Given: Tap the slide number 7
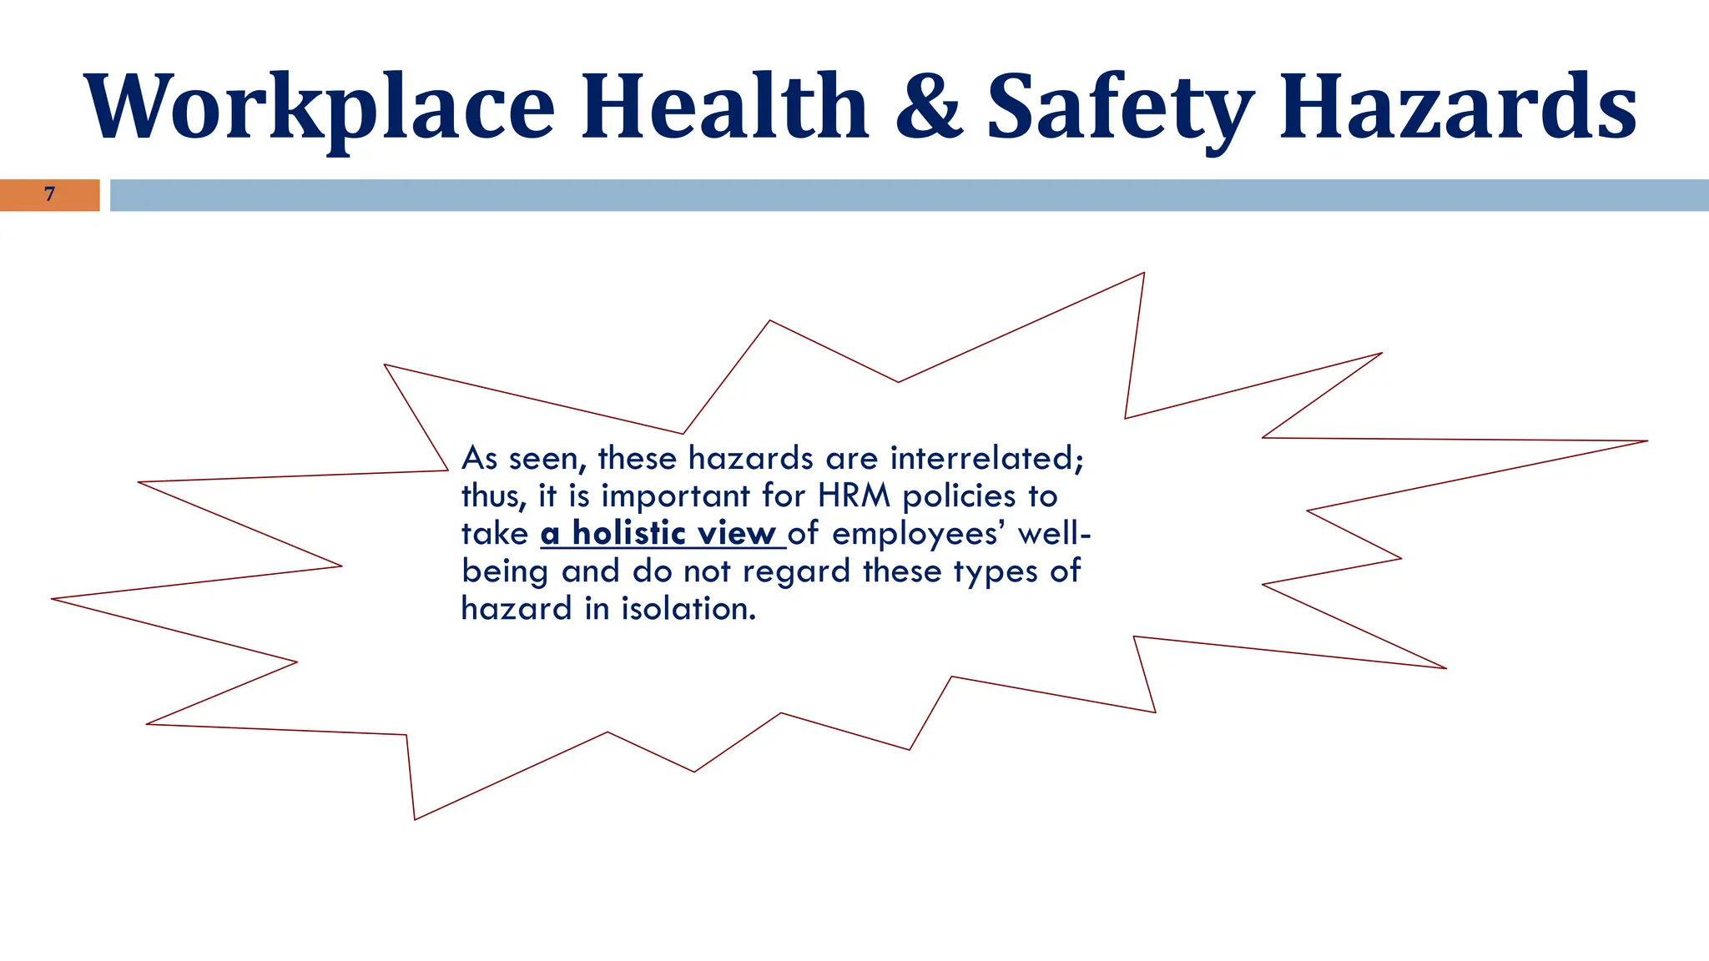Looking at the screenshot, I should [49, 194].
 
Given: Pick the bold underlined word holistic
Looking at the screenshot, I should [629, 533].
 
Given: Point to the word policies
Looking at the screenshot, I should [959, 496].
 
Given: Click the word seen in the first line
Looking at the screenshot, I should [547, 459].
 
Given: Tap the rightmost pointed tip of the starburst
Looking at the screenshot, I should [1646, 441].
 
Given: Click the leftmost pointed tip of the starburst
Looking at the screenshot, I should [53, 599].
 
